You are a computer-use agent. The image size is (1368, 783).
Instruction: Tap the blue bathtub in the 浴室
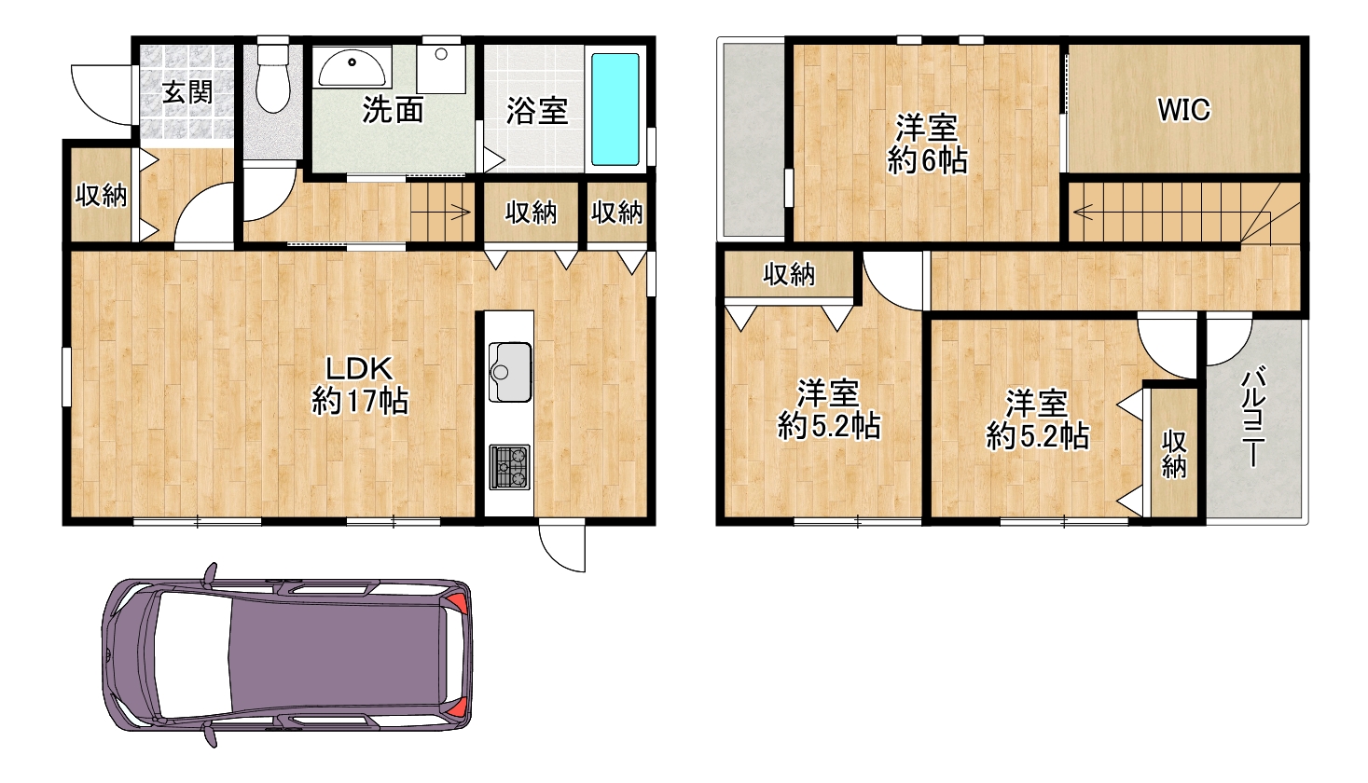pyautogui.click(x=615, y=109)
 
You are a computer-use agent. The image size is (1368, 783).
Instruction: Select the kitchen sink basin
pyautogui.click(x=510, y=372)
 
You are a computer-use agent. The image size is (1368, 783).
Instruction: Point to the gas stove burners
pyautogui.click(x=509, y=467)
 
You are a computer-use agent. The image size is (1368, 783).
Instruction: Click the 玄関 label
pyautogui.click(x=187, y=93)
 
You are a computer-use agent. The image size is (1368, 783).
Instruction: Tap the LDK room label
pyautogui.click(x=360, y=385)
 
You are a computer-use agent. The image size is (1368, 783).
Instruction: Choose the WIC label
pyautogui.click(x=1183, y=110)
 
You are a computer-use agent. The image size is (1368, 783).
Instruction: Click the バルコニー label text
pyautogui.click(x=1252, y=417)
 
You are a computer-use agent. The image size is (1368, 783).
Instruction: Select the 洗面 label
pyautogui.click(x=393, y=110)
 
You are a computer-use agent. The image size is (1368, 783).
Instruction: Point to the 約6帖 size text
pyautogui.click(x=927, y=161)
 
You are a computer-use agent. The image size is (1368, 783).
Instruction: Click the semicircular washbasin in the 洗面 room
pyautogui.click(x=352, y=68)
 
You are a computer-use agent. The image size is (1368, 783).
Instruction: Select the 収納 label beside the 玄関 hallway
pyautogui.click(x=101, y=195)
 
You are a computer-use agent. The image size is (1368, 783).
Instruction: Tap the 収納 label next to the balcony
pyautogui.click(x=1174, y=453)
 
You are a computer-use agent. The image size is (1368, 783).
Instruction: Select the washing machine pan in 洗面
pyautogui.click(x=441, y=68)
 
